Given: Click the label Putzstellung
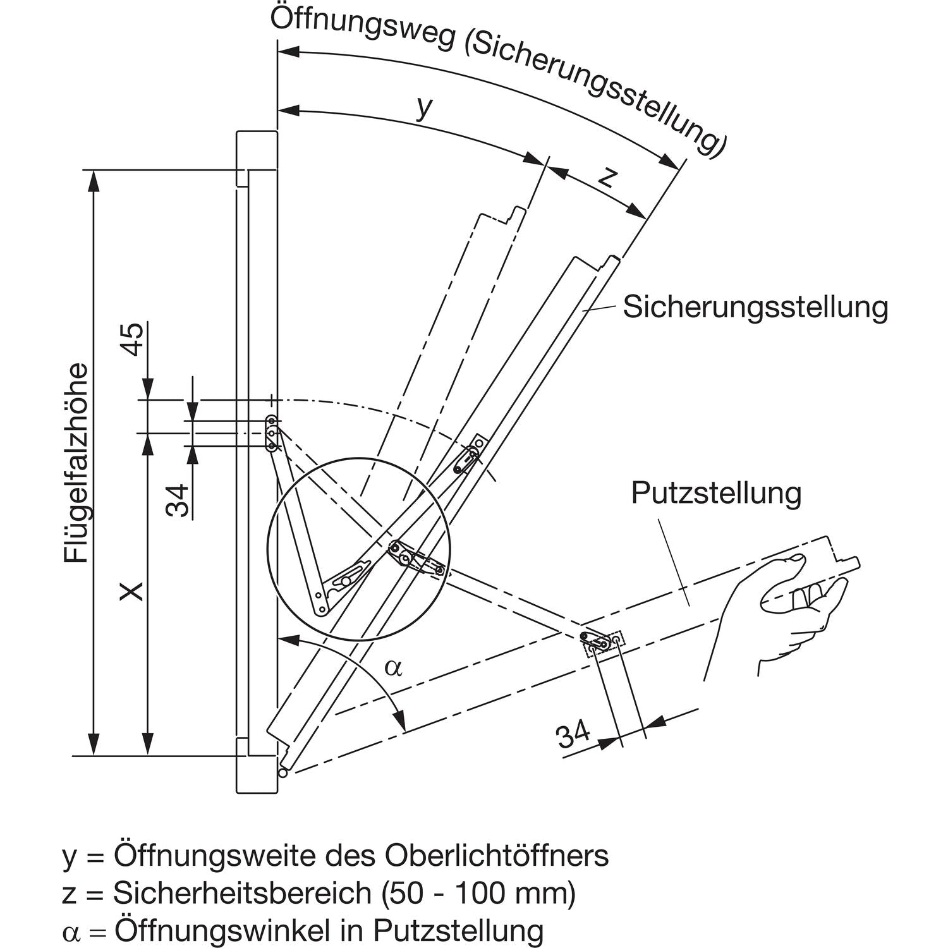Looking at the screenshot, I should tap(716, 493).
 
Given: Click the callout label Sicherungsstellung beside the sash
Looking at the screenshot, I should tap(755, 307).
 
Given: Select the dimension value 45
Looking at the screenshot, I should tap(133, 339).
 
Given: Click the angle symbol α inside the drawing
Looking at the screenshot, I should tap(393, 667).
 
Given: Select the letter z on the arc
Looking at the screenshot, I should tap(605, 177).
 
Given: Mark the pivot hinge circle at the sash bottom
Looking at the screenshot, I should tap(283, 772).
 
